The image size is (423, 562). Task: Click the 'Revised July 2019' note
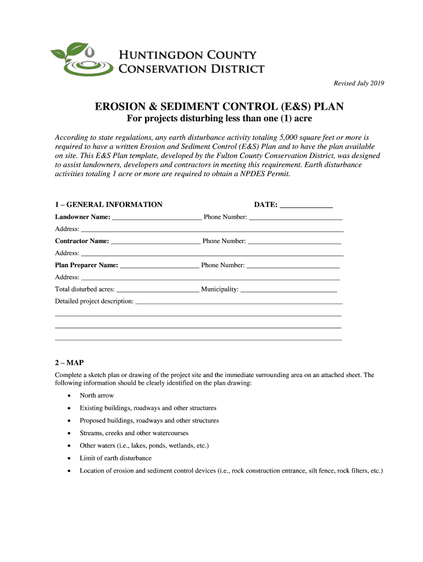[359, 83]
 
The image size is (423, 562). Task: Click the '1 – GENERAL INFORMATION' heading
[109, 205]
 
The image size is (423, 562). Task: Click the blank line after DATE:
[306, 205]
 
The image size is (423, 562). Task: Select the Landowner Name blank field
[157, 217]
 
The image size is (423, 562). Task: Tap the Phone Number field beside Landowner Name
[296, 217]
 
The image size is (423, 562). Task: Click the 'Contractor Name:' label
[82, 241]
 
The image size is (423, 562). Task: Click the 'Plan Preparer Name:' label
[86, 265]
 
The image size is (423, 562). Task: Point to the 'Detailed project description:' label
[94, 301]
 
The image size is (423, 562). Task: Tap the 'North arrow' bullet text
[97, 396]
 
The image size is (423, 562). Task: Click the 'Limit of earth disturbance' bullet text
[115, 458]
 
